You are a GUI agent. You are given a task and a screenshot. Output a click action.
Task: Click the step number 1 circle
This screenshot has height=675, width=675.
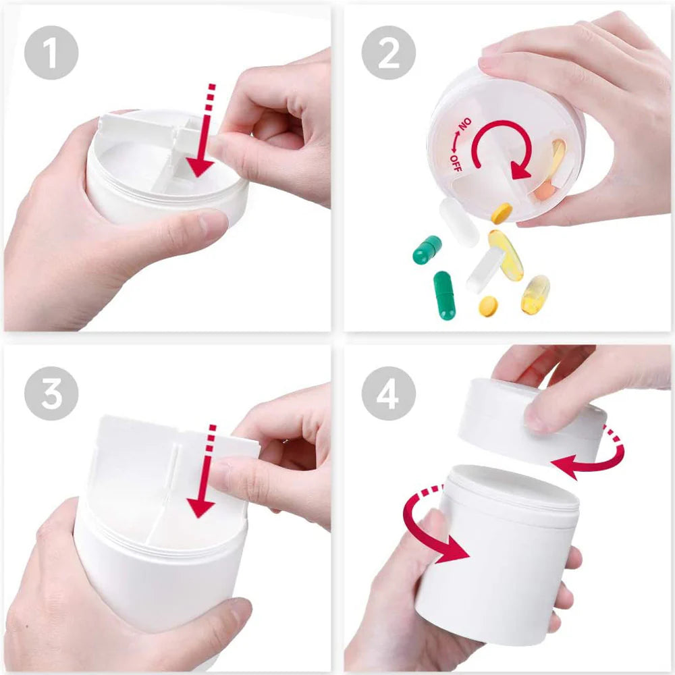pyautogui.click(x=51, y=53)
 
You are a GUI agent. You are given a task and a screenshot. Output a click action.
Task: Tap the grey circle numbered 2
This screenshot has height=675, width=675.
pyautogui.click(x=388, y=53)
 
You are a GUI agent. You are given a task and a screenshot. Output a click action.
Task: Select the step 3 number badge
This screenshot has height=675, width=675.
pyautogui.click(x=51, y=394)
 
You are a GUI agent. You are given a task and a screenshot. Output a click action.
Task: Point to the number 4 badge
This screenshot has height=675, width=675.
pyautogui.click(x=388, y=394)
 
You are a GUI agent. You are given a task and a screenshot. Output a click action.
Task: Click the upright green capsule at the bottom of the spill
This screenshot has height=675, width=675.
pyautogui.click(x=444, y=295)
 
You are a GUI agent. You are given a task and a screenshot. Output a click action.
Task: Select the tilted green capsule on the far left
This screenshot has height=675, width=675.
pyautogui.click(x=427, y=250)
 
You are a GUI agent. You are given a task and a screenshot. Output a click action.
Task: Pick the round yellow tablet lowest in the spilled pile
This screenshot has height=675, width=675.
pyautogui.click(x=488, y=306)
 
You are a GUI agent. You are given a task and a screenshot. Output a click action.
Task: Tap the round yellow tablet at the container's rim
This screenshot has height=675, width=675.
pyautogui.click(x=501, y=213)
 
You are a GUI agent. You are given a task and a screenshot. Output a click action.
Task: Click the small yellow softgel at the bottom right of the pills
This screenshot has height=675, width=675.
pyautogui.click(x=535, y=294)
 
